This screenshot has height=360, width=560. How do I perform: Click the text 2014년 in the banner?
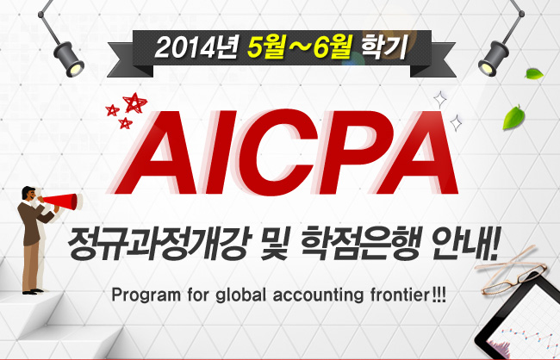point(196,48)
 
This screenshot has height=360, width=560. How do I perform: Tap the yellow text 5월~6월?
point(300,47)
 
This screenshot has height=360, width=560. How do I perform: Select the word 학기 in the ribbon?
point(384,47)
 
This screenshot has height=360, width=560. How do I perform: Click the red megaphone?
point(60,202)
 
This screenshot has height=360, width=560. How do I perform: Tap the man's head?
point(29,194)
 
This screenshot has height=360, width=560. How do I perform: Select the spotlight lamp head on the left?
point(69,59)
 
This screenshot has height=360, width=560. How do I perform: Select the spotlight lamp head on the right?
point(493,59)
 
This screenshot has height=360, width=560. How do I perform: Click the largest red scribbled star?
point(134,102)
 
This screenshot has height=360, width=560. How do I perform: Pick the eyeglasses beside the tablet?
point(511,270)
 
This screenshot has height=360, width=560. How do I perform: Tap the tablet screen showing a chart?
point(524,325)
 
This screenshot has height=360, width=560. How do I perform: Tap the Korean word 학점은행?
point(359,243)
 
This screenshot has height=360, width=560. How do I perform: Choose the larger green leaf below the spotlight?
point(513,117)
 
